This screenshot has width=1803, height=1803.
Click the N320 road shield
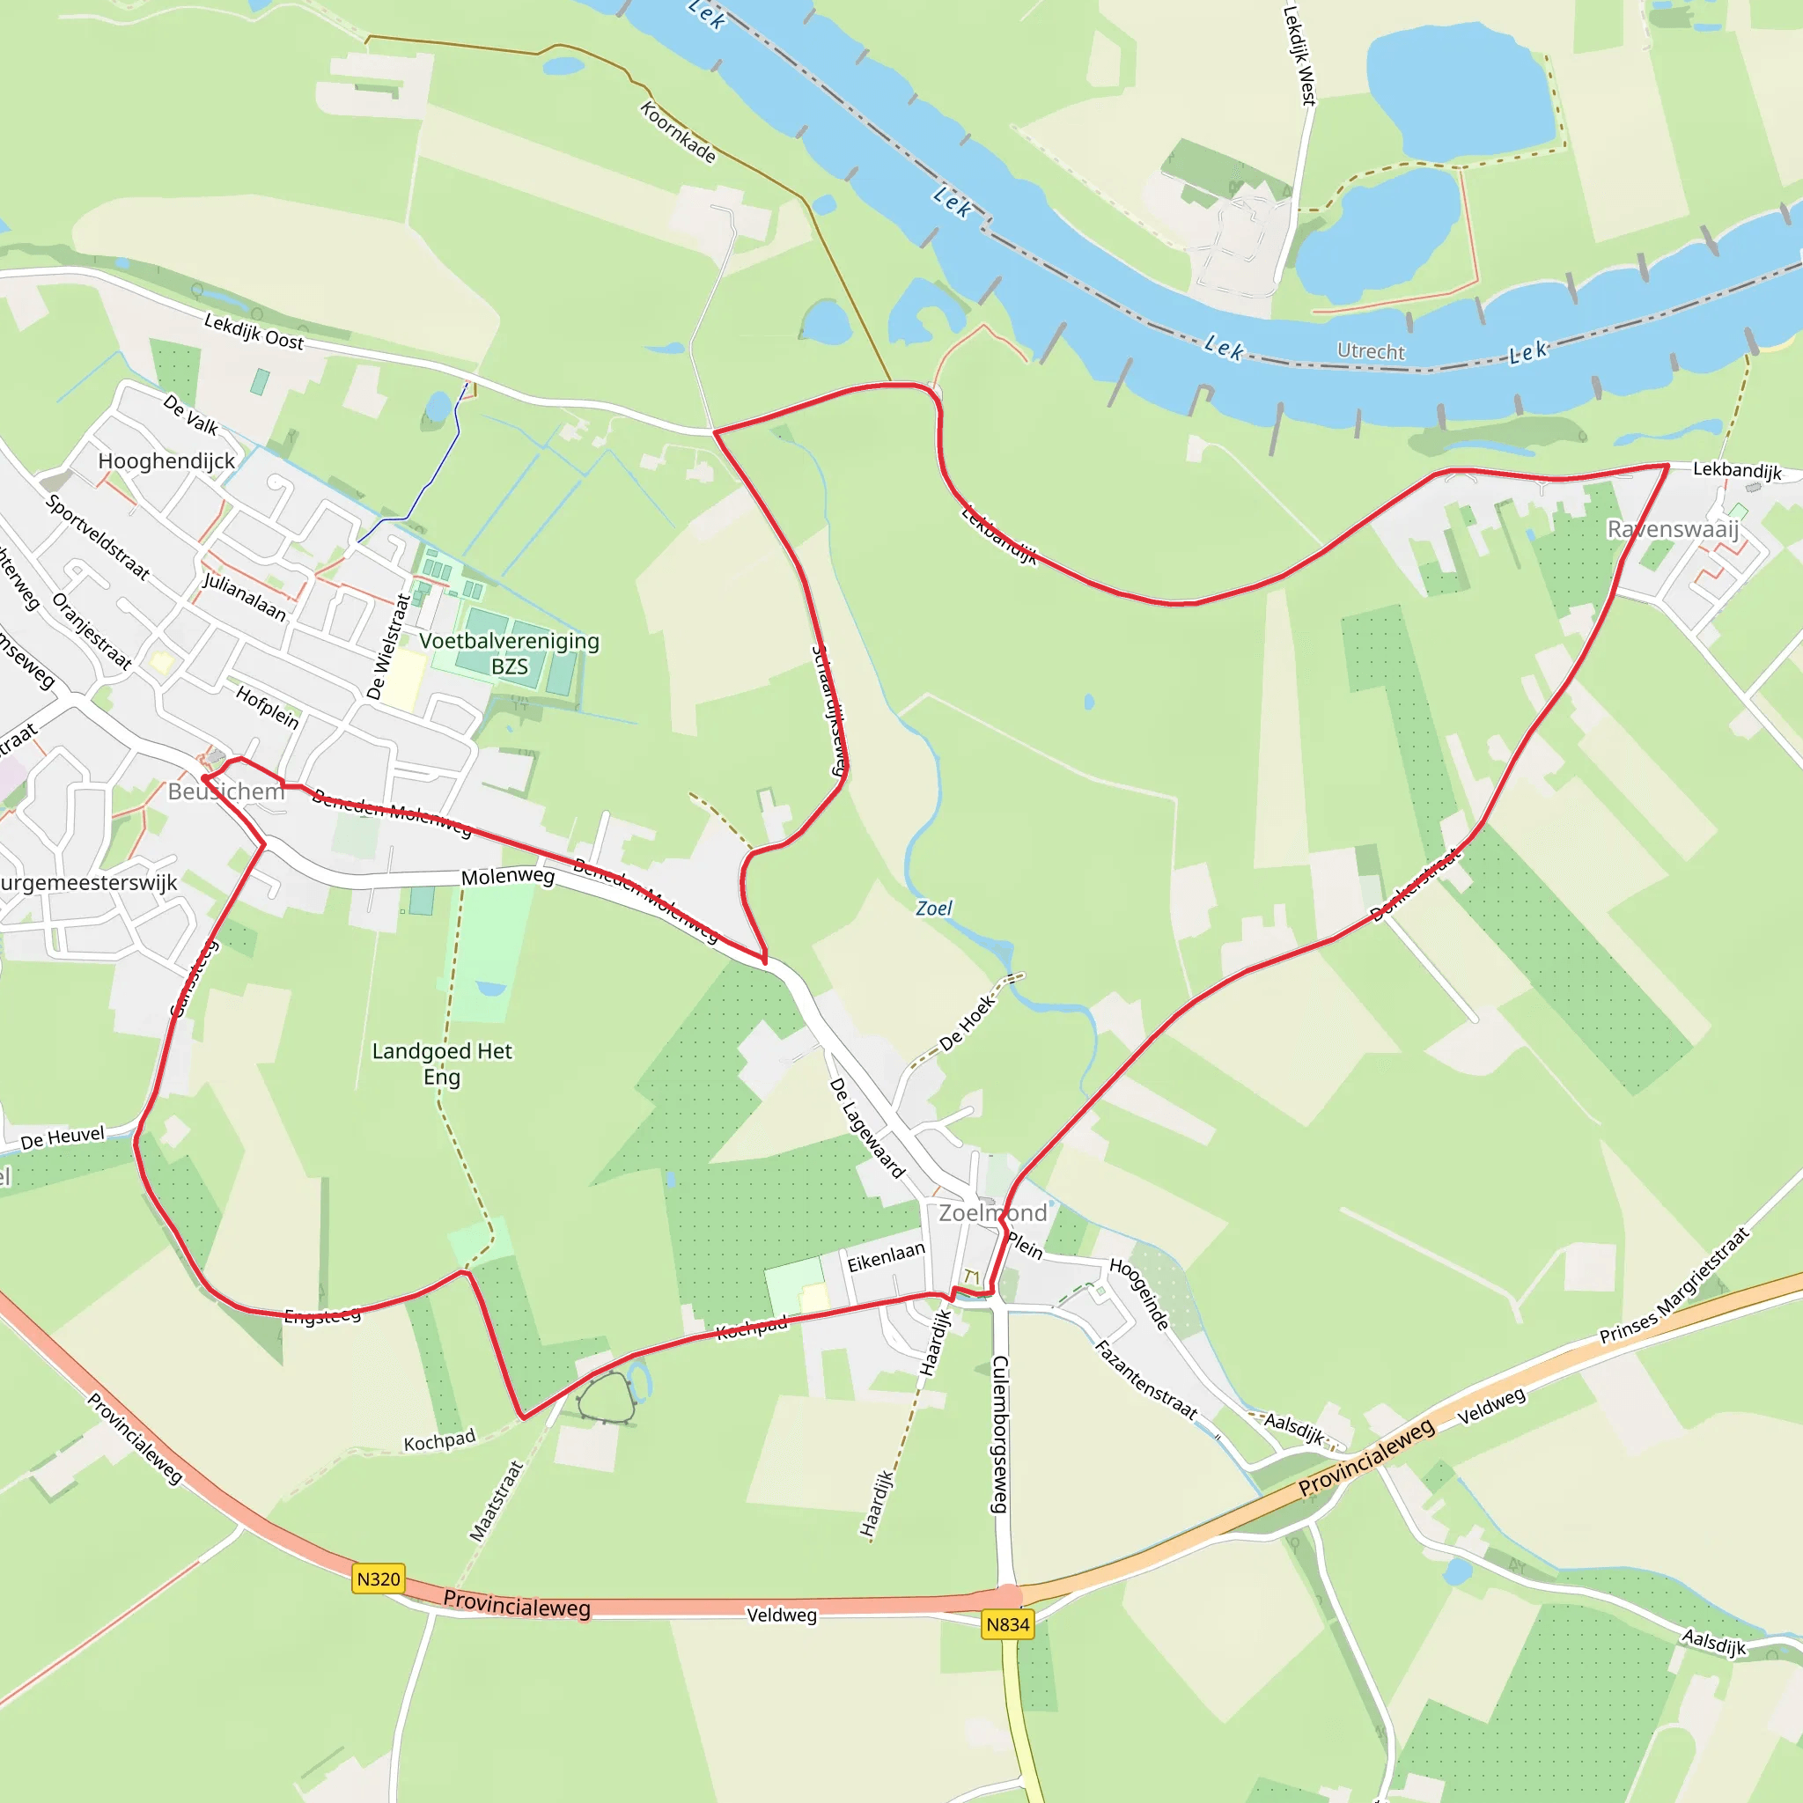pos(378,1579)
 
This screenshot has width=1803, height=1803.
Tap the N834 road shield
pos(1008,1625)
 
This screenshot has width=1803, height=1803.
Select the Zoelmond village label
pos(992,1213)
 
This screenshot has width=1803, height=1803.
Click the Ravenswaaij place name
pos(1673,529)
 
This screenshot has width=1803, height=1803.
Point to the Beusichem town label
pos(226,791)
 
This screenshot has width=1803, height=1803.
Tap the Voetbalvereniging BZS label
pos(509,653)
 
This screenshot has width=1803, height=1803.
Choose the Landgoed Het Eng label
pos(441,1063)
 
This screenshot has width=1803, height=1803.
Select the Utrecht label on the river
pos(1370,351)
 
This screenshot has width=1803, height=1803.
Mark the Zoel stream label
pos(933,908)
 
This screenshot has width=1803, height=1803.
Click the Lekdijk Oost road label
pos(254,331)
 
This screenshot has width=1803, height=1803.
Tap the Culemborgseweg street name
pos(999,1434)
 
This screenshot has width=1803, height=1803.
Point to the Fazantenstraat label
pos(1145,1380)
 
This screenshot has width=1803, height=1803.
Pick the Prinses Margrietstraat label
pos(1674,1286)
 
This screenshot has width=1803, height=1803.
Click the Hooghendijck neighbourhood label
pos(166,461)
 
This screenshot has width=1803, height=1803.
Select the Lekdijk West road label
pos(1299,56)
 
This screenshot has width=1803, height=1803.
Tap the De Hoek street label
pos(968,1023)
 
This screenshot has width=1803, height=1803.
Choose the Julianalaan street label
pos(245,597)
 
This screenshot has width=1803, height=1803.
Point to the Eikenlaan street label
pos(886,1257)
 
